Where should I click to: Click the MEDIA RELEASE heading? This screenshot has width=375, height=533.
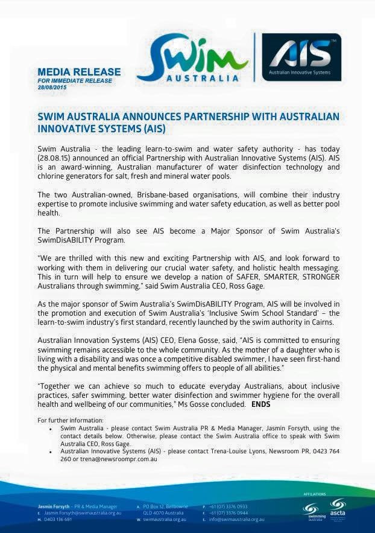tap(78, 72)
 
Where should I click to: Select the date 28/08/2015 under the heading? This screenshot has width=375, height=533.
tap(52, 88)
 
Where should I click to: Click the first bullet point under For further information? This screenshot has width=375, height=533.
tap(51, 428)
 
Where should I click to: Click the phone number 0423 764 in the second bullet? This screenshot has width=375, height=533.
tap(326, 452)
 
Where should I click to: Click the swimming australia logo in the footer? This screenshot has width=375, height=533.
tap(312, 510)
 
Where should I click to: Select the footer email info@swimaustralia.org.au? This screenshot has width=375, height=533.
tap(236, 519)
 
